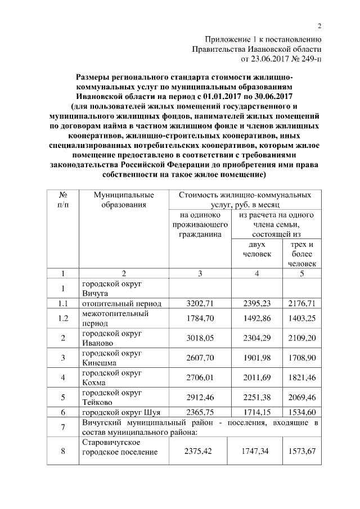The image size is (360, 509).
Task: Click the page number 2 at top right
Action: point(319,26)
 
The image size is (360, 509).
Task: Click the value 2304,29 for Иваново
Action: point(258,337)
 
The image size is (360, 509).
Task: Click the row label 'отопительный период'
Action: point(121,304)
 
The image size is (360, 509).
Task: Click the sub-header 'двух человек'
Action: point(257,249)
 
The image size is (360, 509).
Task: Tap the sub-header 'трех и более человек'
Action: point(301,254)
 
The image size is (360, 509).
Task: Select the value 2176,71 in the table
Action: point(301,304)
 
